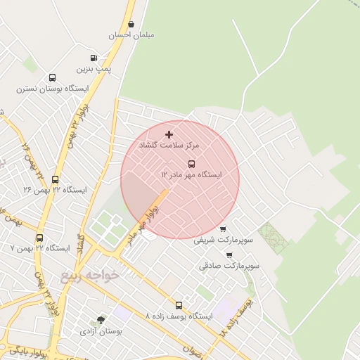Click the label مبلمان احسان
[132, 34]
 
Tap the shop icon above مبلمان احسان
[131, 24]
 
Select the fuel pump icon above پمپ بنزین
[94, 58]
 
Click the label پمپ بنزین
[94, 69]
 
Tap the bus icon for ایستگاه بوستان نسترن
[52, 78]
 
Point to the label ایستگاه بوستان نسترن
[52, 89]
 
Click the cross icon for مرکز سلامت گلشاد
[169, 134]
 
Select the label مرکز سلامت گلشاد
[169, 145]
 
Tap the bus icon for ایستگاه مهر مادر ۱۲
[191, 163]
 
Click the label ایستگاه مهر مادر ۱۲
[191, 174]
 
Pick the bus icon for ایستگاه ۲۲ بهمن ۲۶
[56, 179]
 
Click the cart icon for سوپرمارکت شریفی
[223, 229]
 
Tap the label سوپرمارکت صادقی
[229, 266]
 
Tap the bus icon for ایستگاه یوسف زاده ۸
[179, 306]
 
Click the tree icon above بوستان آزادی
[101, 320]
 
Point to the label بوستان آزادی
[101, 330]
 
